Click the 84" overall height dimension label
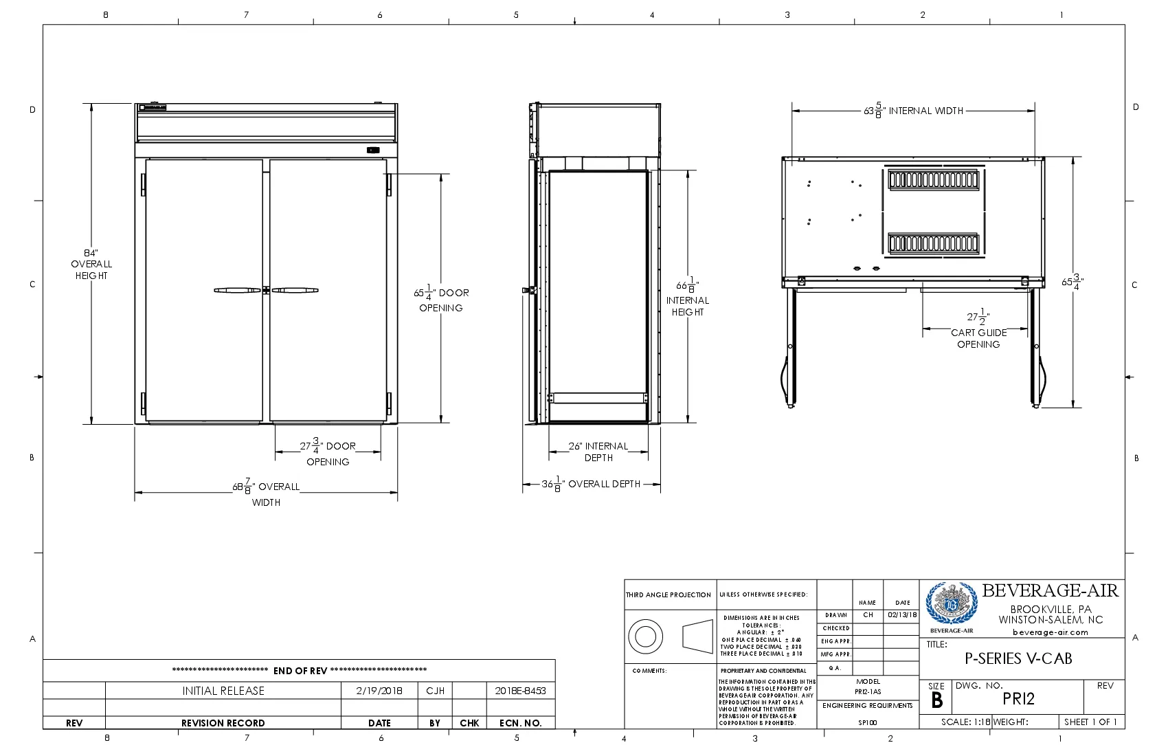pos(91,264)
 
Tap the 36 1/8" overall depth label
pos(591,484)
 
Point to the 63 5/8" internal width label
pos(913,111)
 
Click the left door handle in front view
pos(237,290)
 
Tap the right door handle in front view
pos(295,290)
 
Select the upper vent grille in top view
pos(933,179)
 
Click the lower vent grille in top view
pos(933,243)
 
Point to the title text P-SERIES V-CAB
pos(1018,658)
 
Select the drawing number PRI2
pos(1018,699)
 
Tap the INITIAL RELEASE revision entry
pos(223,691)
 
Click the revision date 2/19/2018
pos(379,691)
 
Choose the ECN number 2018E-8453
pos(520,691)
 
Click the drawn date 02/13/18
pos(902,615)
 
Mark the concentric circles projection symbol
pos(645,636)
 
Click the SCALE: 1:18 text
pos(965,722)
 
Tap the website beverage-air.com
pos(1050,632)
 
